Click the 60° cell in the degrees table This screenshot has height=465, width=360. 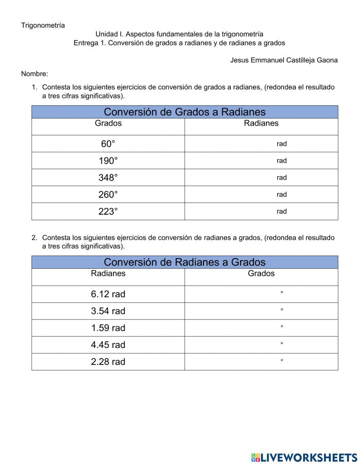pyautogui.click(x=108, y=144)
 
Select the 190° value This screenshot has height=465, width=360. pyautogui.click(x=108, y=161)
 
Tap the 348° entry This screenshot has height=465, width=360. pyautogui.click(x=108, y=178)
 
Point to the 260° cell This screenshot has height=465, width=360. pyautogui.click(x=108, y=195)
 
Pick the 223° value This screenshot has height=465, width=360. pyautogui.click(x=108, y=211)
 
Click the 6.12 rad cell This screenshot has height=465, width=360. pyautogui.click(x=108, y=294)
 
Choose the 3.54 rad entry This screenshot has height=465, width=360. pyautogui.click(x=108, y=311)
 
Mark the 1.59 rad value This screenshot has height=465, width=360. pyautogui.click(x=108, y=328)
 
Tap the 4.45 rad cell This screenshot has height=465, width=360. pyautogui.click(x=108, y=345)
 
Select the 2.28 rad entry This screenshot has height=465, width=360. pyautogui.click(x=108, y=362)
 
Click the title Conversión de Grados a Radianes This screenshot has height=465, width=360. pyautogui.click(x=184, y=112)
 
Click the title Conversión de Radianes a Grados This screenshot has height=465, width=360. pyautogui.click(x=184, y=262)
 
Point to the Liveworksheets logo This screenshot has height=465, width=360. pyautogui.click(x=304, y=457)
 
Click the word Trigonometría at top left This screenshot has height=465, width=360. pyautogui.click(x=43, y=25)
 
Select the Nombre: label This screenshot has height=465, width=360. pyautogui.click(x=35, y=74)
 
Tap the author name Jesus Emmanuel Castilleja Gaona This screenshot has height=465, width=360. pyautogui.click(x=284, y=60)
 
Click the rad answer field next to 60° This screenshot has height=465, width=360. pyautogui.click(x=261, y=144)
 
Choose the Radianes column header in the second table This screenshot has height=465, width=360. pyautogui.click(x=108, y=273)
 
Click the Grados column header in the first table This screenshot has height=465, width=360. pyautogui.click(x=108, y=123)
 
